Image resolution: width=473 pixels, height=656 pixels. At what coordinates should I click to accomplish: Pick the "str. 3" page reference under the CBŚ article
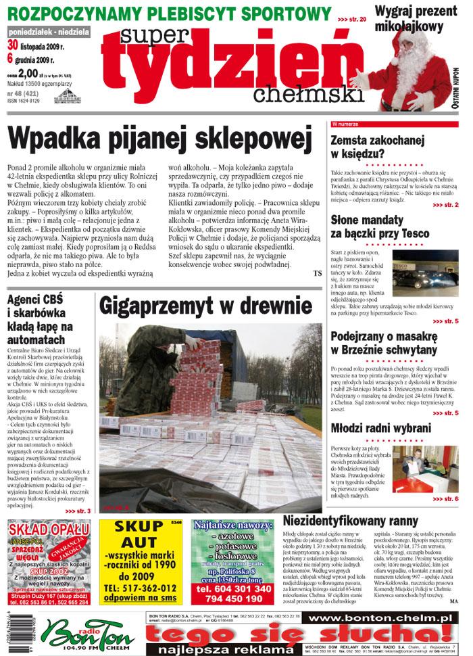tap(79, 510)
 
